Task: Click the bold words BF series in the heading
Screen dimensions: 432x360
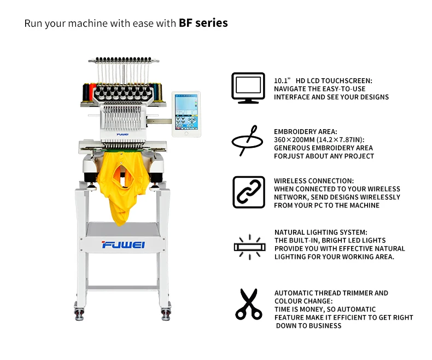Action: pos(203,23)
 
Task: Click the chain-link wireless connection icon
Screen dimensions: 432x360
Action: pos(249,192)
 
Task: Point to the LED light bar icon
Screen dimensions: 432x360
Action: pos(248,247)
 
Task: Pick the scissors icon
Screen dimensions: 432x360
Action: pos(248,304)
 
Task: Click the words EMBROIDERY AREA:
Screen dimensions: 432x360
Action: pos(306,132)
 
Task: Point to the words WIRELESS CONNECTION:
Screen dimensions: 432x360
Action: pos(313,181)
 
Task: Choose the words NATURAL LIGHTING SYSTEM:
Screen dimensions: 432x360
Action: pos(320,232)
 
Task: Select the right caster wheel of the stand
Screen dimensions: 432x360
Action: pos(165,313)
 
